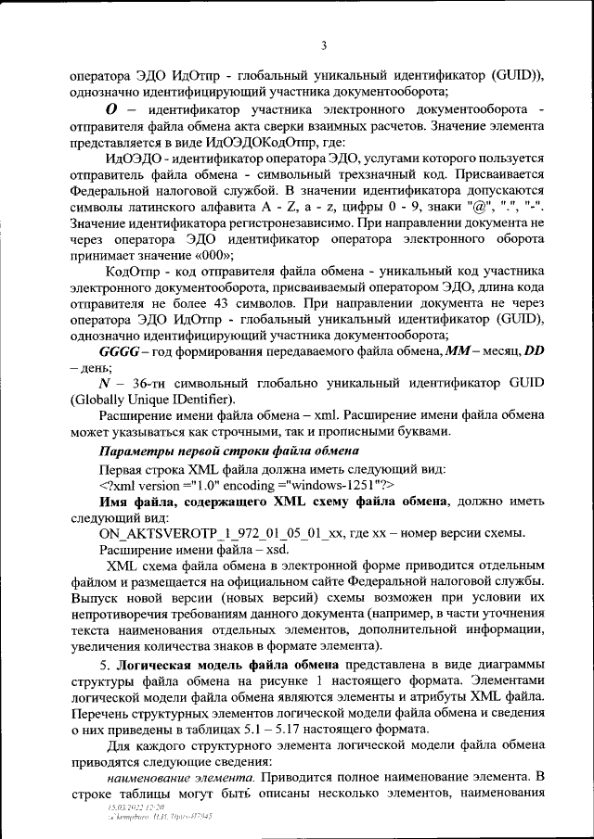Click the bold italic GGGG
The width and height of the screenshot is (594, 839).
[118, 351]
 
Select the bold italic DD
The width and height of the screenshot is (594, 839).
[535, 351]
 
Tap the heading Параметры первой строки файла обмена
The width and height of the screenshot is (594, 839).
[228, 451]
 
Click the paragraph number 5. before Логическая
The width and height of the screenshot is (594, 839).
[105, 665]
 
